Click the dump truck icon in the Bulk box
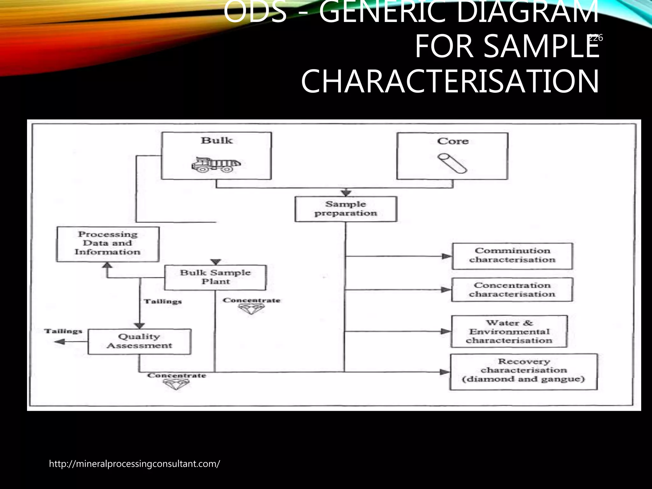click(x=216, y=165)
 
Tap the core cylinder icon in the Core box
click(x=452, y=163)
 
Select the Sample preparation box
click(x=346, y=209)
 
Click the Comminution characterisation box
click(x=512, y=256)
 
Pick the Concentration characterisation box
click(x=512, y=290)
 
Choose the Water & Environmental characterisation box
click(x=509, y=331)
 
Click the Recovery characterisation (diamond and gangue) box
click(x=523, y=372)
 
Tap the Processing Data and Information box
click(x=108, y=244)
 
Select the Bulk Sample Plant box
click(x=215, y=277)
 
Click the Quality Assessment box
click(x=139, y=341)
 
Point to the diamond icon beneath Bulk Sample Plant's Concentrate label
click(x=251, y=308)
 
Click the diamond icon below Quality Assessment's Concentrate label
click(x=176, y=385)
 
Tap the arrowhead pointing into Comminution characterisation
click(x=447, y=256)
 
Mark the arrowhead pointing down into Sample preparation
click(x=346, y=193)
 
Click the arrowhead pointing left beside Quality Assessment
click(x=60, y=342)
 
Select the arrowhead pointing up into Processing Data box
click(x=108, y=265)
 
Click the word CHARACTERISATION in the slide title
click(x=450, y=82)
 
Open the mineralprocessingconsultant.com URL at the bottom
click(x=134, y=464)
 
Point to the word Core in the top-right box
click(x=452, y=141)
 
